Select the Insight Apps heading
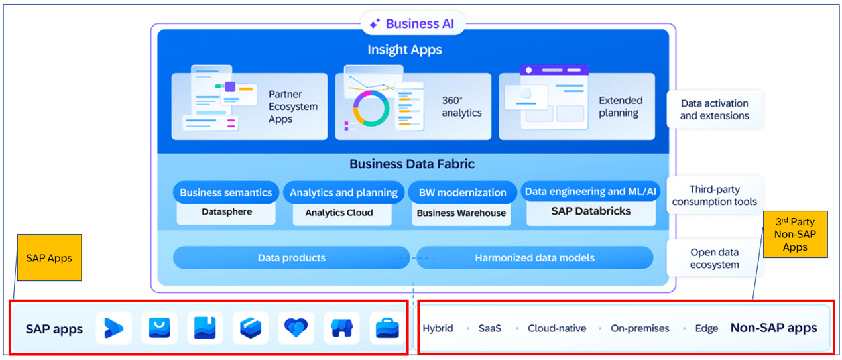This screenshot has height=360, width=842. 404,50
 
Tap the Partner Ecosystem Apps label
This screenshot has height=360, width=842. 292,107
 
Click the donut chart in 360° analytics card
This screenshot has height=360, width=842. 371,108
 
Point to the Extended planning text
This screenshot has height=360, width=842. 621,107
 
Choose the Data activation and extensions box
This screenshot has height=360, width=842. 714,109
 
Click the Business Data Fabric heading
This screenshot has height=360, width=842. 412,164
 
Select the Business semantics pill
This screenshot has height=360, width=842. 225,192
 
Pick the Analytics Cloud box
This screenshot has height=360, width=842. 339,213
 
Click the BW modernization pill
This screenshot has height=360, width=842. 462,192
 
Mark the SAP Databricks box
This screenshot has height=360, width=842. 591,211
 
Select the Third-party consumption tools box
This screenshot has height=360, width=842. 714,195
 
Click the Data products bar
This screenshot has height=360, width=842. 291,257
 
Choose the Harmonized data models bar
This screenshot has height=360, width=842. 534,257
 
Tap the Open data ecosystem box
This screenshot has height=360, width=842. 714,258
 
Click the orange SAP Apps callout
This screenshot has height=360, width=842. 49,257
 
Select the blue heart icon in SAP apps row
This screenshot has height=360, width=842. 296,328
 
